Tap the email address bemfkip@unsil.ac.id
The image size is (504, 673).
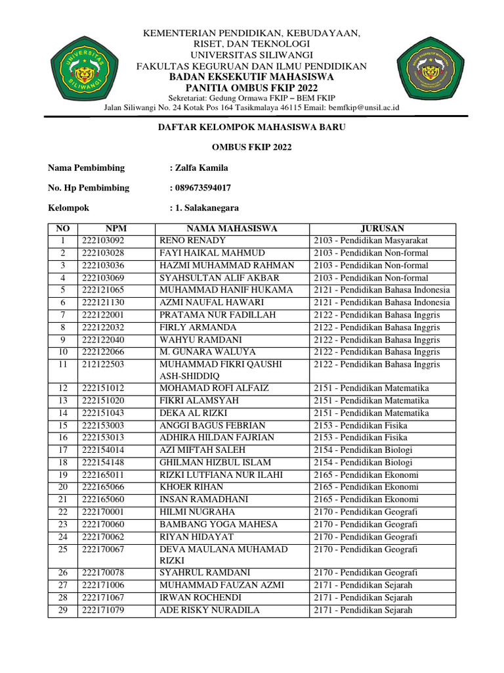coord(363,108)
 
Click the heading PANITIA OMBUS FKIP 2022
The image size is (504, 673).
coord(251,87)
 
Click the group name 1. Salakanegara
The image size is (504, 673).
coord(206,208)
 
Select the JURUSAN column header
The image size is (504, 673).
coord(382,229)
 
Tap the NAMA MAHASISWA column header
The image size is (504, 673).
coord(232,229)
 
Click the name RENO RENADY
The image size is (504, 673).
coord(193,241)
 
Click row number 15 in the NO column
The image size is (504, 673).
coord(63,426)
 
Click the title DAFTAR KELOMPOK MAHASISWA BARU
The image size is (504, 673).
coord(252,128)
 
